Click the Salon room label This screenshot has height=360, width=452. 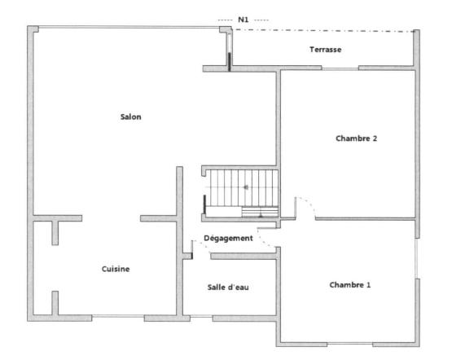[130, 117]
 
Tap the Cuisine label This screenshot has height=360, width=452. [116, 269]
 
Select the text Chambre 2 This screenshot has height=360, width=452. [356, 138]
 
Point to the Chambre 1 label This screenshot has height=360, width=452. [350, 285]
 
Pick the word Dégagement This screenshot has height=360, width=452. [227, 238]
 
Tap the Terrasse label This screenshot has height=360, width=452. [325, 50]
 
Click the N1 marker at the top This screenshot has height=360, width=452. [243, 20]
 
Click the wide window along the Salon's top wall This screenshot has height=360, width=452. [129, 28]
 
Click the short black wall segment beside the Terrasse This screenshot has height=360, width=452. [230, 61]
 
